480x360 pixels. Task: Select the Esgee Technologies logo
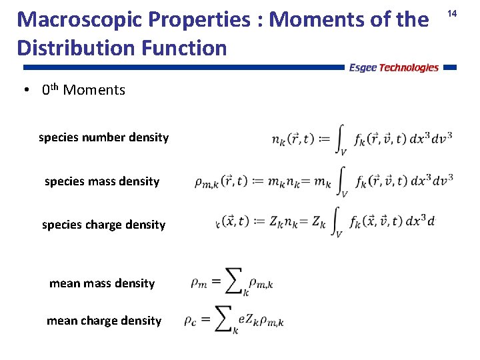393,67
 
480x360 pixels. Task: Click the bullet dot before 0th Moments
23,90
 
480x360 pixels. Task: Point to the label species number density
103,137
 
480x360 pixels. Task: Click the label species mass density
102,181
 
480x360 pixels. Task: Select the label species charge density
103,225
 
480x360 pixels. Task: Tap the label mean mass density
102,283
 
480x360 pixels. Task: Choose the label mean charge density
104,321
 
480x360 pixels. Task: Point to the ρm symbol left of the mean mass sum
198,283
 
